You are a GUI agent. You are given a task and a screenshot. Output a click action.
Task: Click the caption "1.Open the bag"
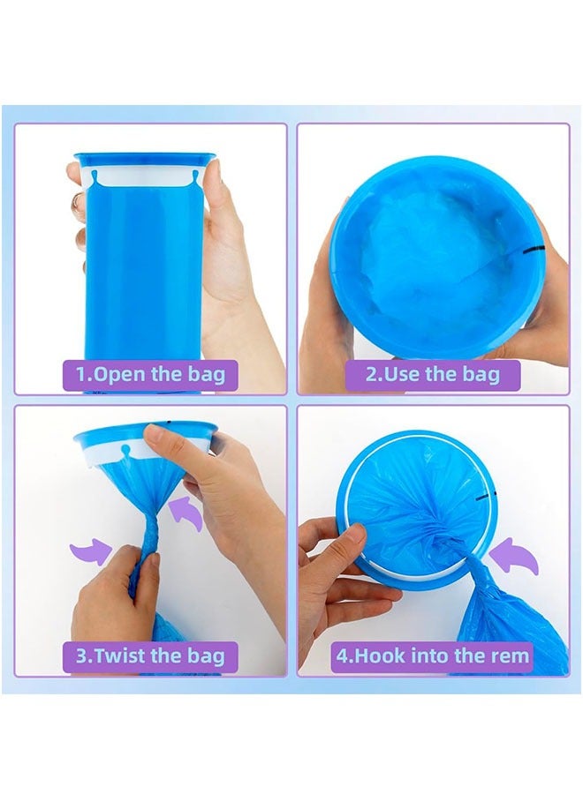(150, 373)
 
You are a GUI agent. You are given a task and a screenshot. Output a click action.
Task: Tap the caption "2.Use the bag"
(432, 373)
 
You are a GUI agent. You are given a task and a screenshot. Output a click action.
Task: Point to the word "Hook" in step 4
(379, 655)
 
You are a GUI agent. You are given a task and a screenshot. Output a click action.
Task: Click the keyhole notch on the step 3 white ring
(125, 452)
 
